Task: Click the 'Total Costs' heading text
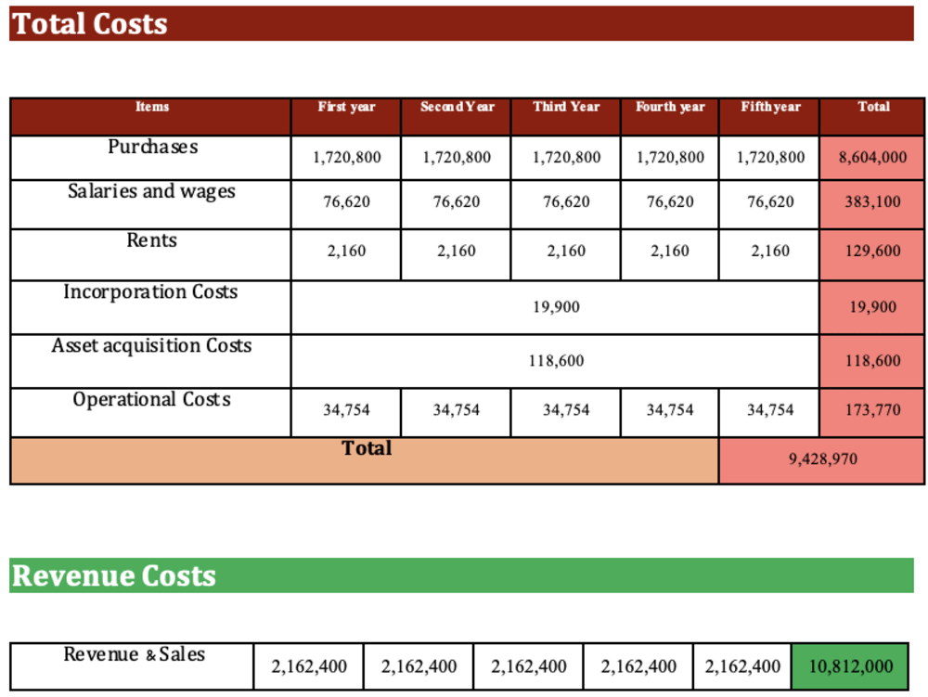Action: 90,24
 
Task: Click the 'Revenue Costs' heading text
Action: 114,575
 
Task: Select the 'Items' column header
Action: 152,107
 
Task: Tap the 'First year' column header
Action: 346,107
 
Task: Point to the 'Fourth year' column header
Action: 670,107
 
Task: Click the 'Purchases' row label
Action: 153,146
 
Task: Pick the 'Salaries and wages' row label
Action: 151,191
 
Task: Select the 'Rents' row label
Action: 151,240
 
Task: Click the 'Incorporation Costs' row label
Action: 150,291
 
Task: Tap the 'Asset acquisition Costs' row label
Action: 151,345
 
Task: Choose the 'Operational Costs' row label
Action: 151,399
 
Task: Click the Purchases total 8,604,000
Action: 872,158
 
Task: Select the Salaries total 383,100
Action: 872,201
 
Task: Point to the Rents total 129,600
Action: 872,251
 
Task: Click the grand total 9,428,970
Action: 822,459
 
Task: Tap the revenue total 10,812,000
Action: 850,666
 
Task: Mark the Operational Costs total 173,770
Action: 872,410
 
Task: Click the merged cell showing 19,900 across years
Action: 556,307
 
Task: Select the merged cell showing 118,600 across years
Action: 556,361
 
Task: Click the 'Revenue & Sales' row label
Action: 135,654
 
